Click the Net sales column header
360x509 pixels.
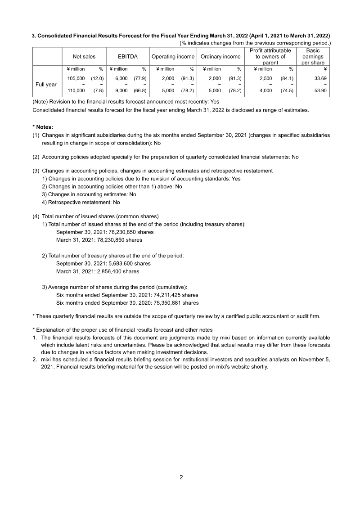[84, 57]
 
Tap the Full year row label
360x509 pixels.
[46, 84]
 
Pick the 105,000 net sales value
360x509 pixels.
[76, 78]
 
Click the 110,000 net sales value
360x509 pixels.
[76, 90]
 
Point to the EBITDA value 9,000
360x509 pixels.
[121, 90]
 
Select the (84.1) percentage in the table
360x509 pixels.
[286, 78]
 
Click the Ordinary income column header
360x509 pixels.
[220, 57]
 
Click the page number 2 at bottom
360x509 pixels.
[181, 477]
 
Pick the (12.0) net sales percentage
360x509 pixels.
[97, 78]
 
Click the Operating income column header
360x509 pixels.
[173, 57]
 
